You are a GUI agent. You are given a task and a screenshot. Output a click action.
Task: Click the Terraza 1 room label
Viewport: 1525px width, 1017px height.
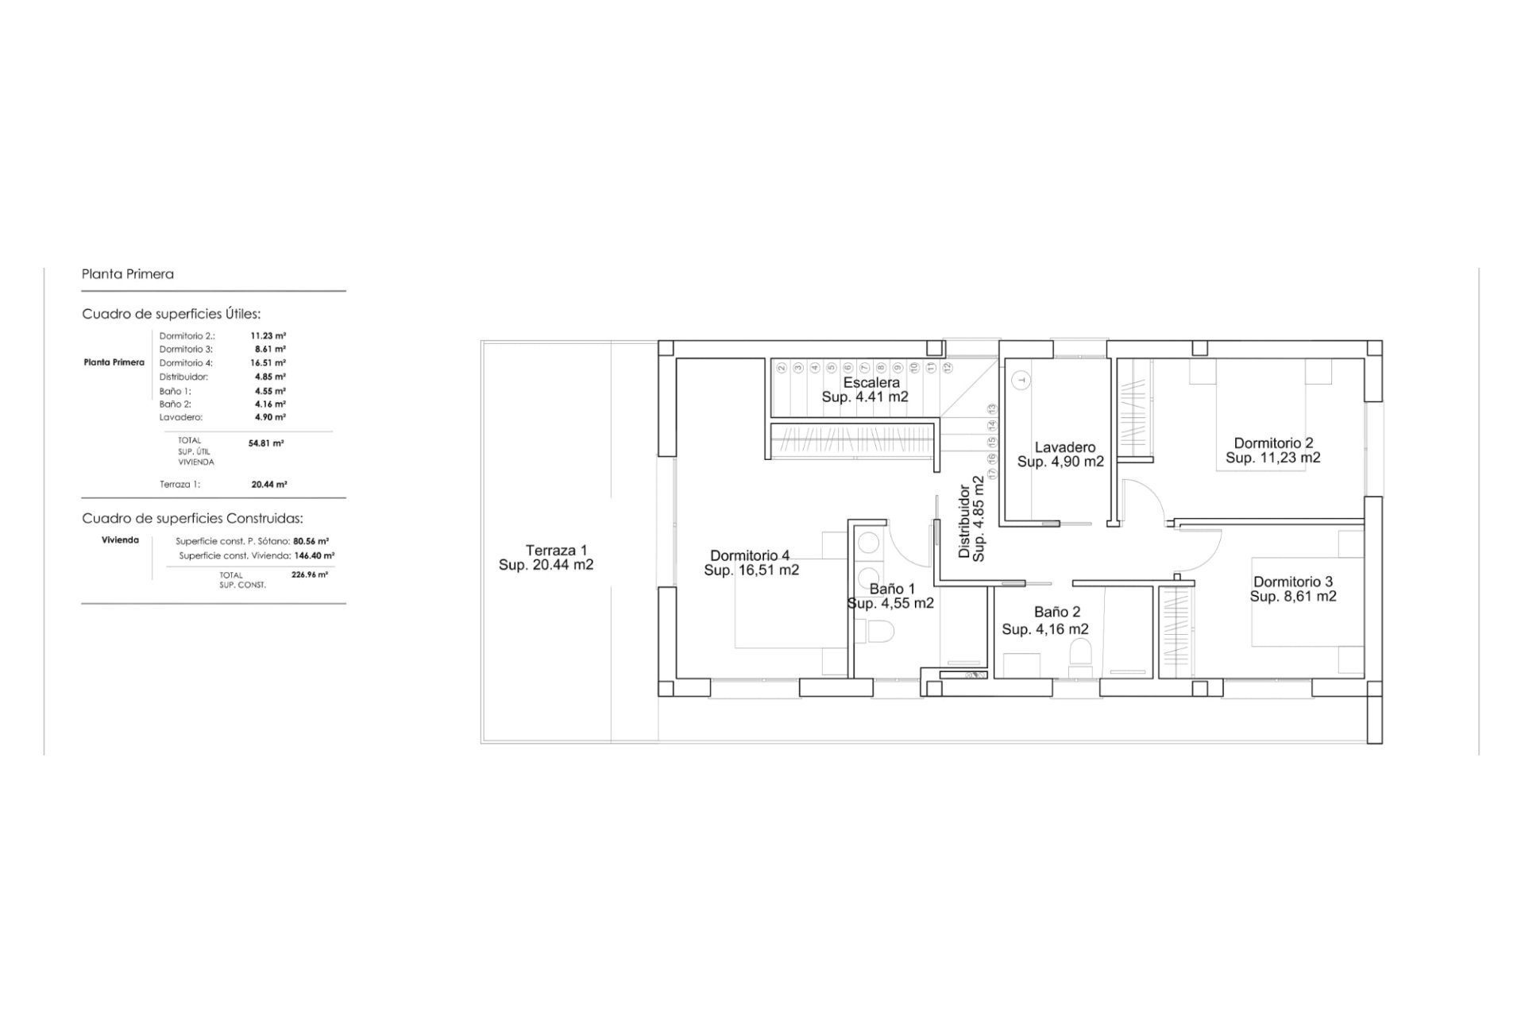[556, 550]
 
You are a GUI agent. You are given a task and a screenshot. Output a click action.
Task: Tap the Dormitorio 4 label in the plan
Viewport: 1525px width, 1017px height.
[750, 555]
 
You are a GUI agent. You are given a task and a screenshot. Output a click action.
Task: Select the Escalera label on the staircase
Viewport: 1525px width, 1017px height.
[871, 382]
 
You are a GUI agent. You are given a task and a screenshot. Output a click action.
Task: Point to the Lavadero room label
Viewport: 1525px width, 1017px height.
[1065, 447]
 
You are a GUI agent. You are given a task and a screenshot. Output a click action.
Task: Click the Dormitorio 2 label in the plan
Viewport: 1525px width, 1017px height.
[1273, 443]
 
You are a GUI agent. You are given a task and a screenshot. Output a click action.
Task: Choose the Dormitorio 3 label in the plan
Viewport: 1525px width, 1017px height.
[1293, 582]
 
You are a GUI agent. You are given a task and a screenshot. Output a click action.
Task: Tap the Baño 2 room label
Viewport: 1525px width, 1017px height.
[1057, 613]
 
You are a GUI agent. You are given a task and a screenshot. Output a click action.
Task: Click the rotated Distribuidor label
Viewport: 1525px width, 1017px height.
[964, 521]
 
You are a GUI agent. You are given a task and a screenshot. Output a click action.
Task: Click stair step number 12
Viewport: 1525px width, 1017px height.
[947, 368]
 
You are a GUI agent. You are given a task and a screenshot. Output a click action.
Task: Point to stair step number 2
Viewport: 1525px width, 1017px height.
[782, 368]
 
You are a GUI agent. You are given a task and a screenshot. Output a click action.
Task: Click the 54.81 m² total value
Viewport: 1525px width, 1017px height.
[266, 443]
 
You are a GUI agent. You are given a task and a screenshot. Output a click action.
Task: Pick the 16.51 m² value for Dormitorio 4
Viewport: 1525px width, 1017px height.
[268, 362]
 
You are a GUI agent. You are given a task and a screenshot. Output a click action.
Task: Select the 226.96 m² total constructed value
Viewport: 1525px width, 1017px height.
[310, 574]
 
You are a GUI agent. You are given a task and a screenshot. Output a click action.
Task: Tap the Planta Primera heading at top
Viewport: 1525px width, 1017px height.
[128, 274]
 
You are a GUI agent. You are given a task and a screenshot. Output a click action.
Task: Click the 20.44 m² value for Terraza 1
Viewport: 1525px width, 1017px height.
[269, 484]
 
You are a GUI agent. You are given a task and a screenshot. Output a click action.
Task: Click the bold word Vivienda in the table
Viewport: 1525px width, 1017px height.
[121, 540]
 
